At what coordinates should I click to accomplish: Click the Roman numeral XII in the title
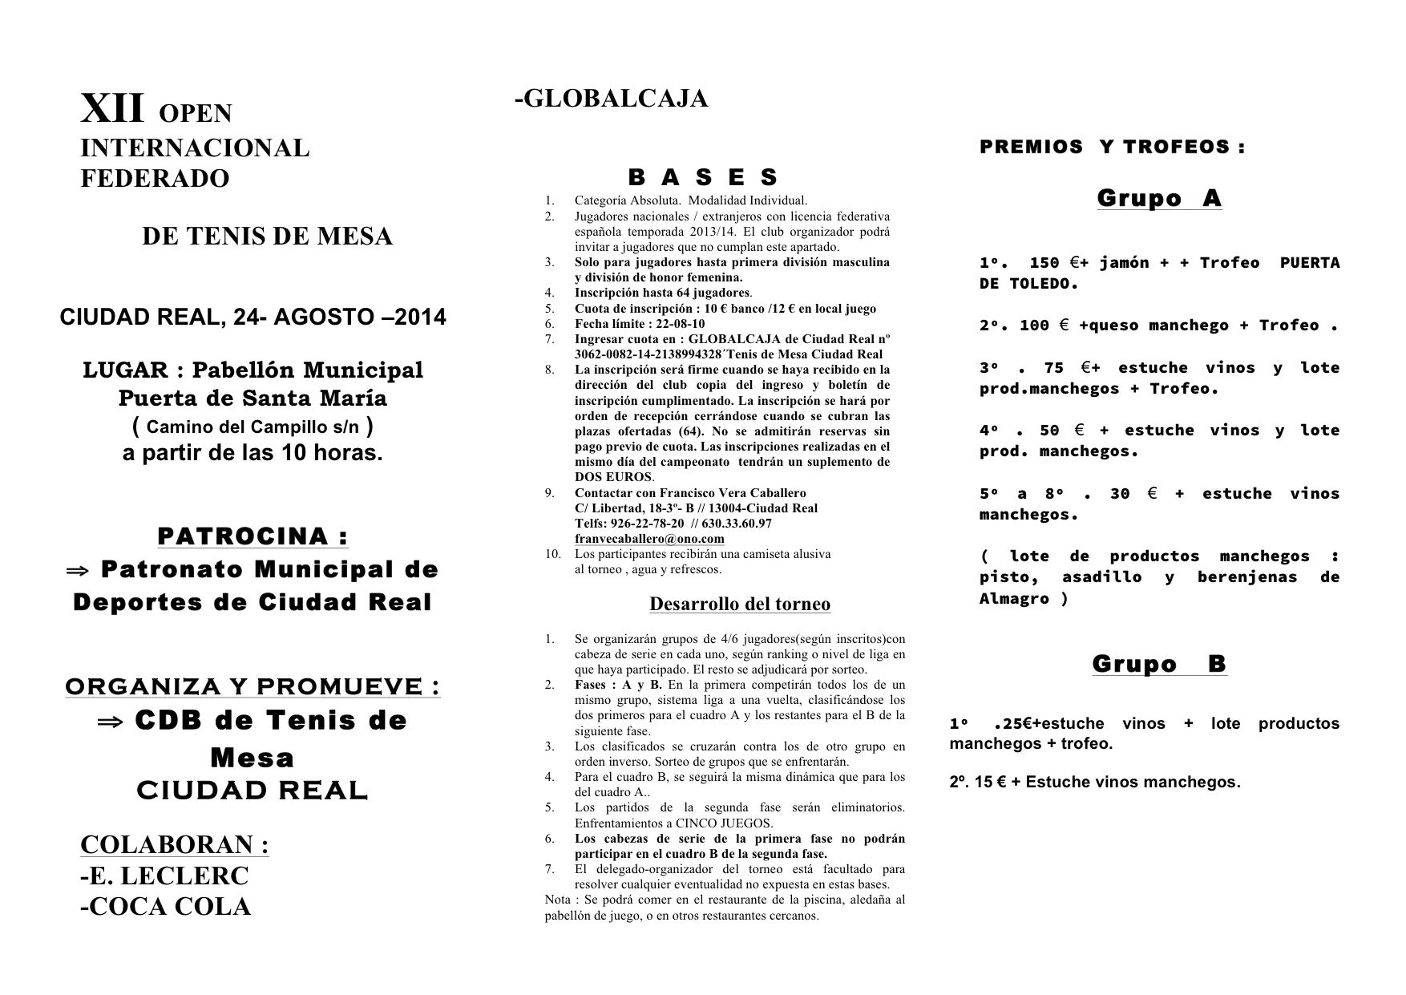(x=112, y=109)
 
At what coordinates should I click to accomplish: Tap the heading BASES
(x=703, y=176)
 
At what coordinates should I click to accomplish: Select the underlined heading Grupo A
(x=1158, y=198)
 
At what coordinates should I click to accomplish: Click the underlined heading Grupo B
(x=1159, y=664)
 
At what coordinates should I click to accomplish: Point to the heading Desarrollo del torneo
(x=739, y=604)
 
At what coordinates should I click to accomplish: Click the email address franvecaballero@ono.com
(x=649, y=539)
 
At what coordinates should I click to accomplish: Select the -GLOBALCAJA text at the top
(x=611, y=98)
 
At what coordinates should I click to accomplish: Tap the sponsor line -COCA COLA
(x=165, y=907)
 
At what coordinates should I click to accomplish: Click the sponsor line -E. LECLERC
(x=164, y=876)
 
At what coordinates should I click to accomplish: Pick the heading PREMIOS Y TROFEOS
(x=1112, y=147)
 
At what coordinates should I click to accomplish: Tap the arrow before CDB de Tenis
(x=110, y=722)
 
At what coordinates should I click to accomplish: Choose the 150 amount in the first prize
(x=1044, y=263)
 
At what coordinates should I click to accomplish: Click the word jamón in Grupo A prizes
(x=1125, y=263)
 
